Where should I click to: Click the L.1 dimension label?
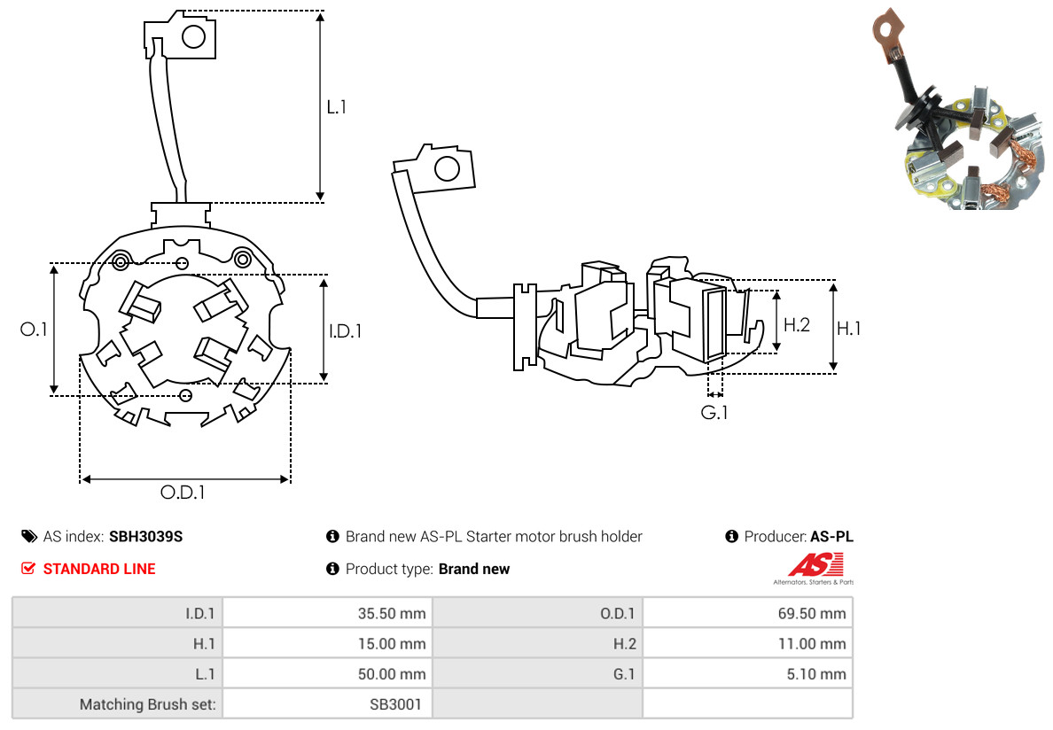(336, 107)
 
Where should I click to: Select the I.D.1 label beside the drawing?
(346, 331)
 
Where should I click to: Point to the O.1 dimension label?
(34, 330)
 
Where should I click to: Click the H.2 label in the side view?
(797, 324)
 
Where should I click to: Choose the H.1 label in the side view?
(849, 329)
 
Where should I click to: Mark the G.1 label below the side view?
(714, 413)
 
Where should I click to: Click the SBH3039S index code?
(146, 537)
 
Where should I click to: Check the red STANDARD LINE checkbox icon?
(28, 569)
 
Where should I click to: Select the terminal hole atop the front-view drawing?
(193, 37)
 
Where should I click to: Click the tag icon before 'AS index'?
(28, 537)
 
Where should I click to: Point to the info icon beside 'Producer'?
(732, 537)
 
